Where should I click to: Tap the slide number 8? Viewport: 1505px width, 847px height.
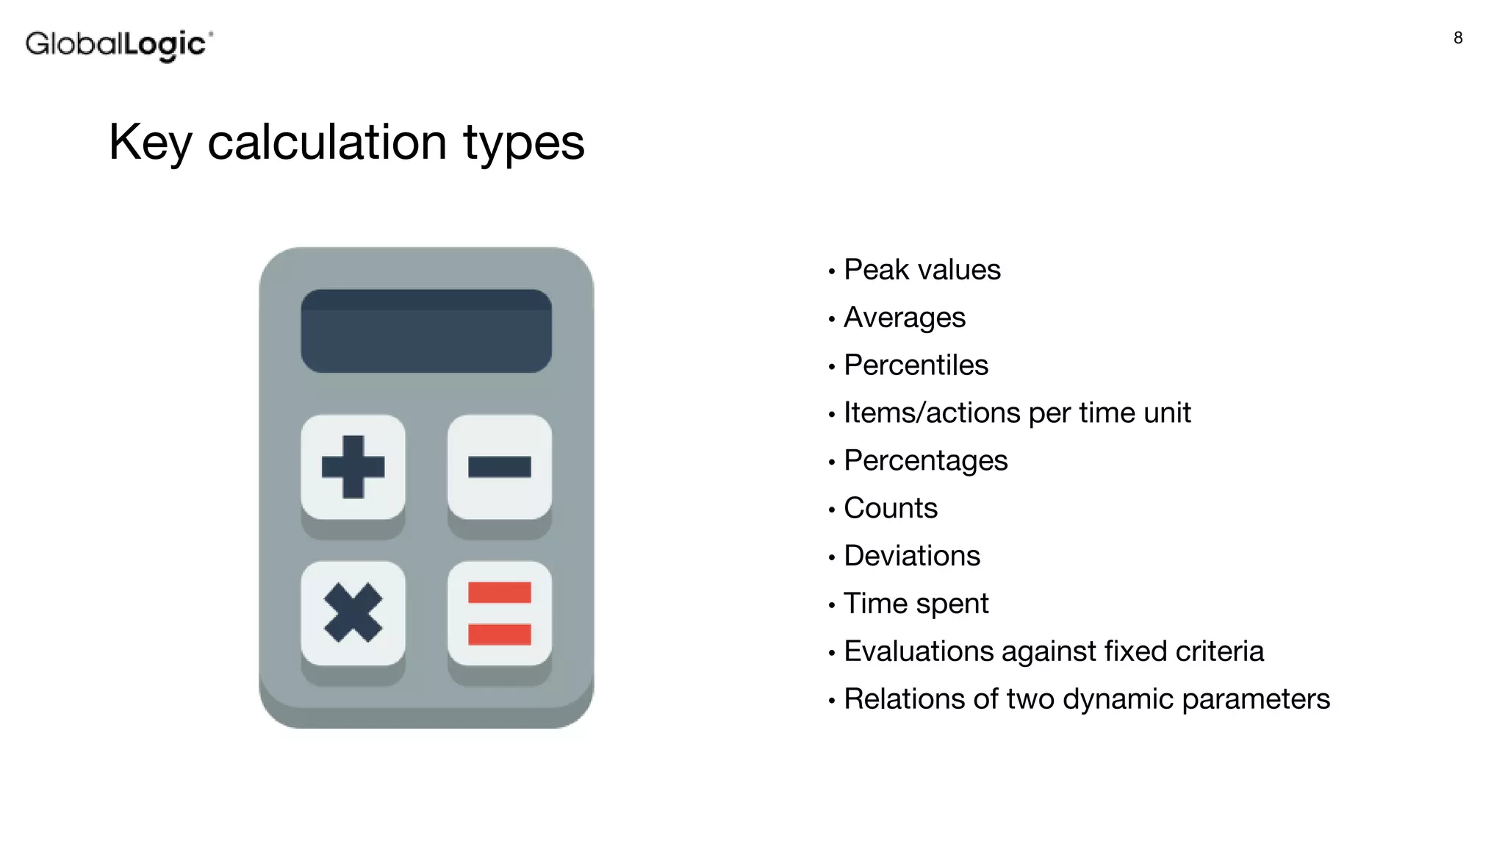[1458, 38]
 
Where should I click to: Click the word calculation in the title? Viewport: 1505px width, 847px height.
[327, 142]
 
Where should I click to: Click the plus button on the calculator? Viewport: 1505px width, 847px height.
[353, 467]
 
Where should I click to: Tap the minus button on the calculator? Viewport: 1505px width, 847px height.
[500, 467]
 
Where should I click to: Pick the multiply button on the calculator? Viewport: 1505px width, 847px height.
[353, 613]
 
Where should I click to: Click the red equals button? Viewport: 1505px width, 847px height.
[500, 613]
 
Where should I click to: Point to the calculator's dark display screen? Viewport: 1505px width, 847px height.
[426, 331]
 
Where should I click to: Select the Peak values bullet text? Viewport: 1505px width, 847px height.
[922, 270]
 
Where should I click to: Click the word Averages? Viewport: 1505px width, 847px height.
[905, 318]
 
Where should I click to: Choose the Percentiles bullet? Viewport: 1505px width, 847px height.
[916, 365]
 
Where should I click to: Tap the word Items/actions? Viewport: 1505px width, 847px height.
[932, 413]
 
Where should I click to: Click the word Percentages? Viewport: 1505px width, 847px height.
[925, 461]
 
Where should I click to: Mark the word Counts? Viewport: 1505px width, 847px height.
[891, 509]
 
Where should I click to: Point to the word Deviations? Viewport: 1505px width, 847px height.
[912, 556]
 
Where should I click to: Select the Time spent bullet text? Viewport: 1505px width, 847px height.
[916, 604]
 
